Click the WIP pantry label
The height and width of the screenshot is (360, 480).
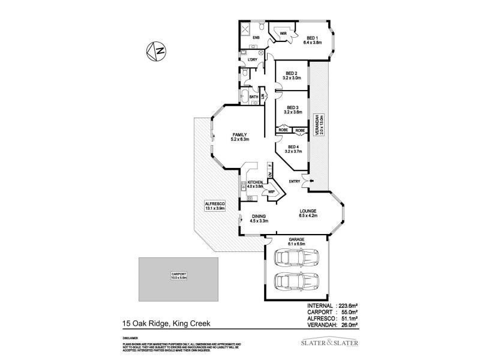tap(271, 192)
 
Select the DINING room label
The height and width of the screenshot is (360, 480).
tap(259, 218)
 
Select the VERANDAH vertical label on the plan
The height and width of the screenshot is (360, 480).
tap(322, 126)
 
